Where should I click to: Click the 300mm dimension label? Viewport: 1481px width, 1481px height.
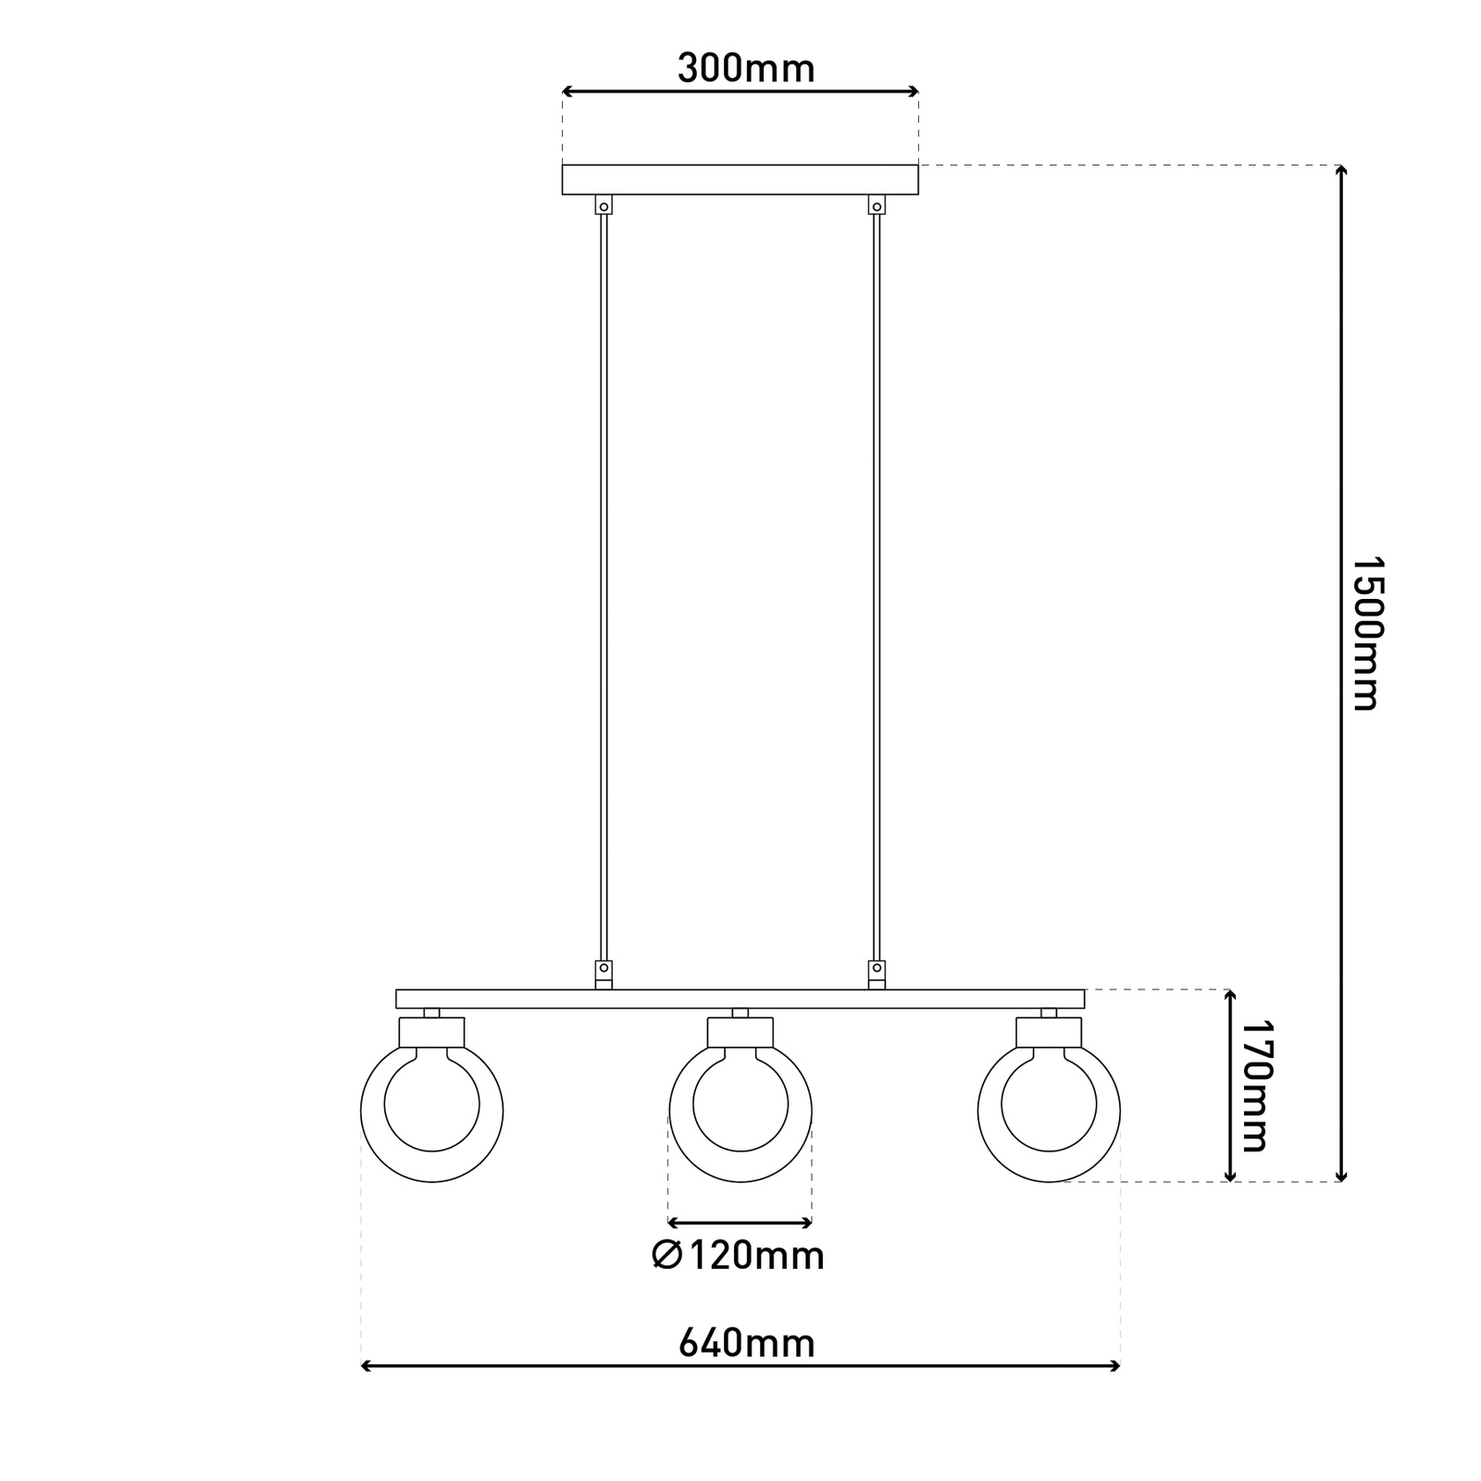(x=746, y=68)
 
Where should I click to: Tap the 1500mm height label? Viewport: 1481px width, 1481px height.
(x=1364, y=633)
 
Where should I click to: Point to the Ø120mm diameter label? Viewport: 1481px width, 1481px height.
(x=738, y=1256)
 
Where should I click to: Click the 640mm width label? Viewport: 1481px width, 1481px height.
(x=746, y=1342)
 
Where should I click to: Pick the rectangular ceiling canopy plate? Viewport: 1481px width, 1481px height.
(x=740, y=180)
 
